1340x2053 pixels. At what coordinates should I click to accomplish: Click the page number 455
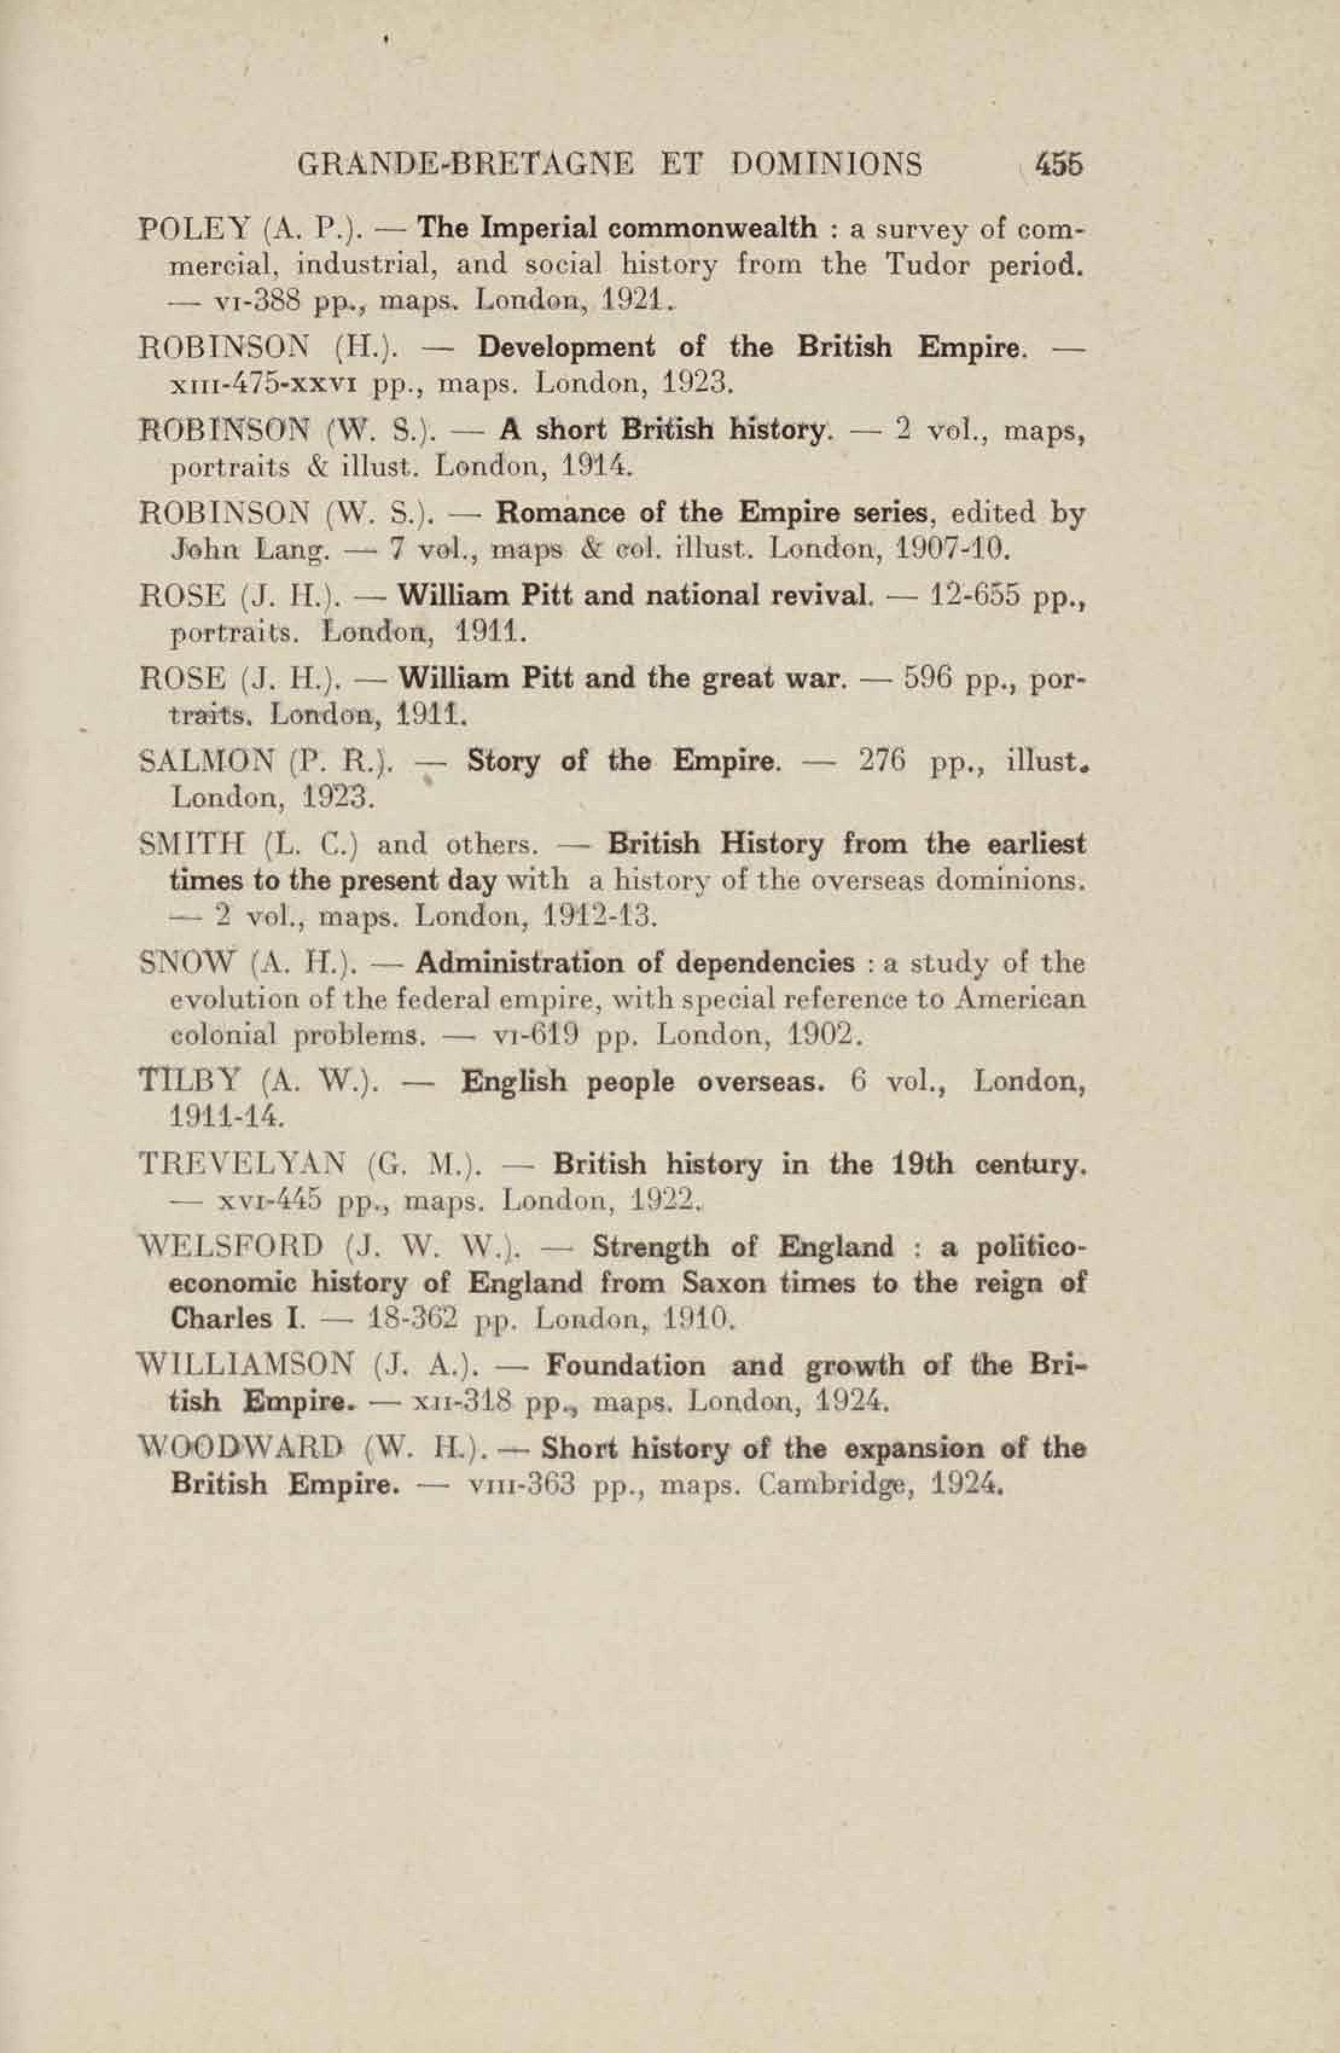[x=1058, y=164]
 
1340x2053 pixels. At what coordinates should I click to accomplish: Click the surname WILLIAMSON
[x=246, y=1366]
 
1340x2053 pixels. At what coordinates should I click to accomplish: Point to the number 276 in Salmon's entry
[x=881, y=762]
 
